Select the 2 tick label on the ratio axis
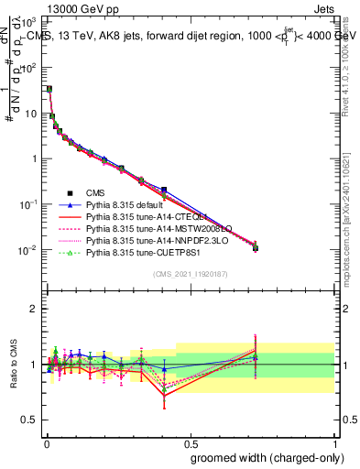tap(32, 309)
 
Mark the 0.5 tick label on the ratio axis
tap(27, 420)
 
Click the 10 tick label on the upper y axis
tap(27, 114)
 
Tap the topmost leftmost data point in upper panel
tap(49, 89)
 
